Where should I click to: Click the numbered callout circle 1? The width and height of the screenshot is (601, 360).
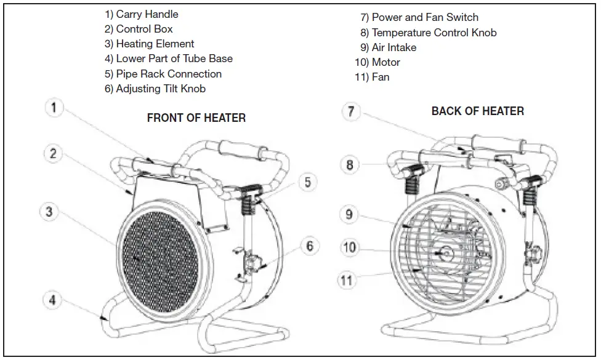point(54,109)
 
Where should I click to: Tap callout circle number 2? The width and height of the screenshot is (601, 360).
point(54,153)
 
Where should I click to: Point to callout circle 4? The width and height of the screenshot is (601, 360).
point(53,300)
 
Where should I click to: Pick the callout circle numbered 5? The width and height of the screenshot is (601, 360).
point(308,182)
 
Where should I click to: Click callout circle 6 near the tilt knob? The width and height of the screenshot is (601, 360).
point(310,247)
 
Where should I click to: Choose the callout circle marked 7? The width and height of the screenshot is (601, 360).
point(350,111)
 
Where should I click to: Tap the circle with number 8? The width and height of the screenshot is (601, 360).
point(350,164)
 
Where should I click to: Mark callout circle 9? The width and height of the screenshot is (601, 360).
point(349,214)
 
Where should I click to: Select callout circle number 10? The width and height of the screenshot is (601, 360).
point(349,247)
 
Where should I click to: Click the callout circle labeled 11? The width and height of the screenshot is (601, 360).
point(348,280)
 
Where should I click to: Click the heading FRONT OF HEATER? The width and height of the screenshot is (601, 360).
point(196,118)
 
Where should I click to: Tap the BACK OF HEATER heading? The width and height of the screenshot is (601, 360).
point(477,111)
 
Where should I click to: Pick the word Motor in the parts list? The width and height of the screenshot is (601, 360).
point(385,62)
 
